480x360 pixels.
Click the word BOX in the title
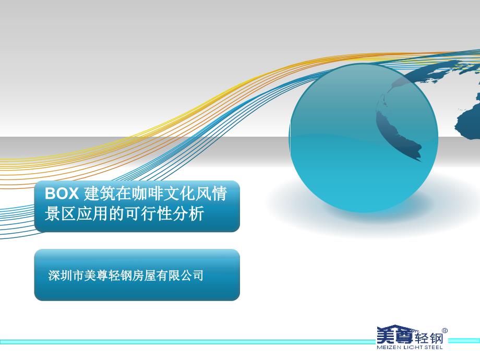click(62, 194)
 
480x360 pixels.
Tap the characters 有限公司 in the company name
click(179, 275)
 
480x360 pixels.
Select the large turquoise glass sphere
click(363, 138)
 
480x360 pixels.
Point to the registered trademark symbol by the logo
click(445, 331)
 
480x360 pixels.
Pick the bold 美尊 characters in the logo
click(395, 335)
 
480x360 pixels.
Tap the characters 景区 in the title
click(61, 213)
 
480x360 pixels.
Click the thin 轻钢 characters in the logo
click(429, 338)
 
